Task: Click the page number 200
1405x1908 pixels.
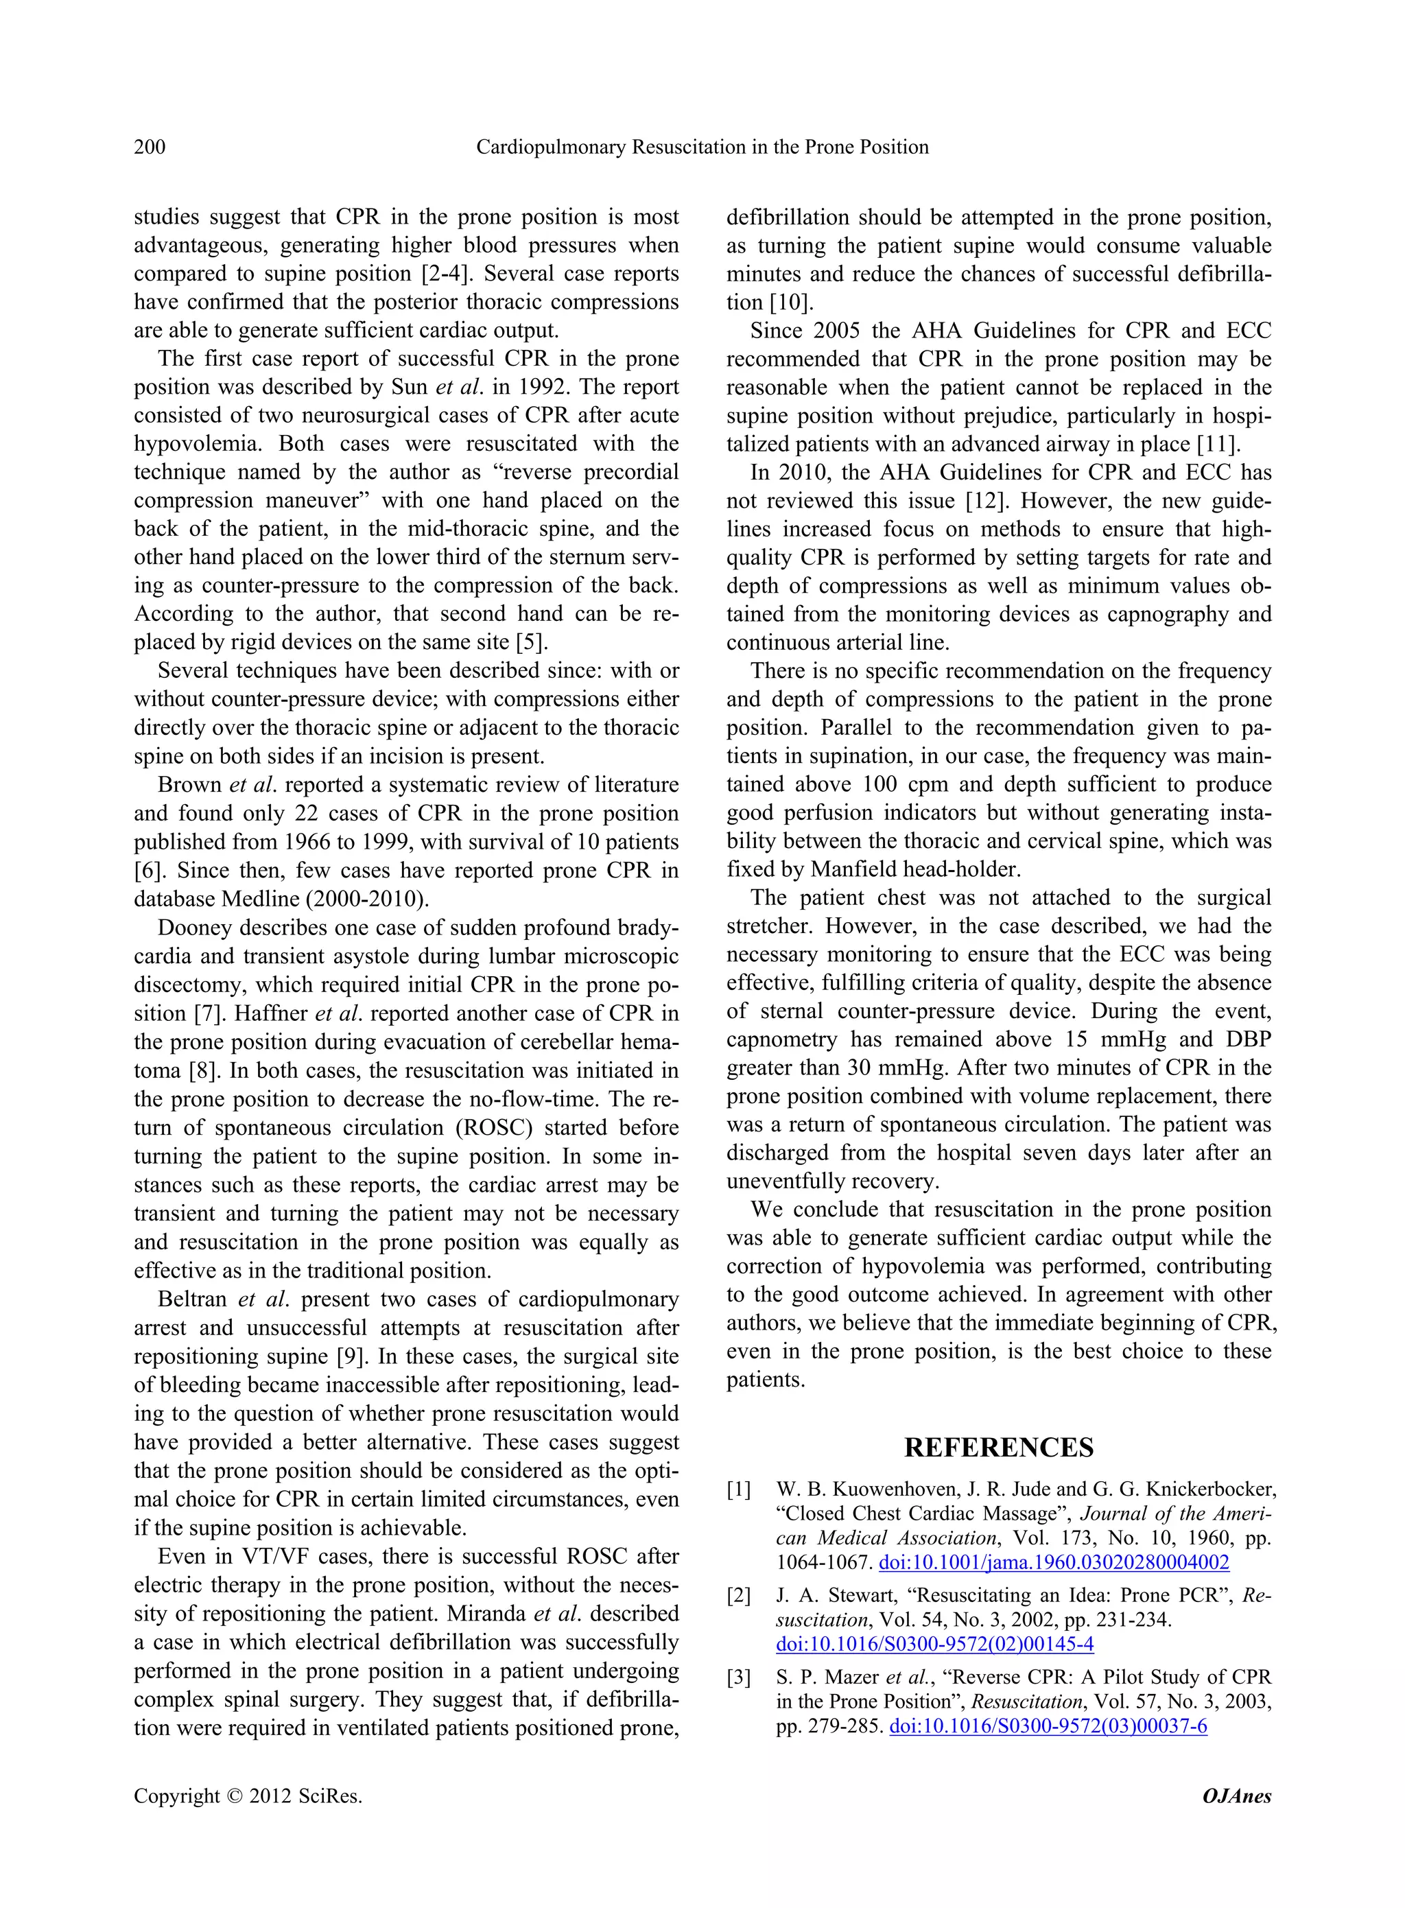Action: (x=150, y=147)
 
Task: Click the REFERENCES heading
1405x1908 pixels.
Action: (x=998, y=1447)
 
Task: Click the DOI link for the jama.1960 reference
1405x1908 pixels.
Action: (x=1053, y=1563)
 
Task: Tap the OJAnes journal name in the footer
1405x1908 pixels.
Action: (x=1237, y=1795)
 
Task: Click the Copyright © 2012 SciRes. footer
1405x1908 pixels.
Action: (x=248, y=1795)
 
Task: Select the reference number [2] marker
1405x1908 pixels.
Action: (x=738, y=1596)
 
